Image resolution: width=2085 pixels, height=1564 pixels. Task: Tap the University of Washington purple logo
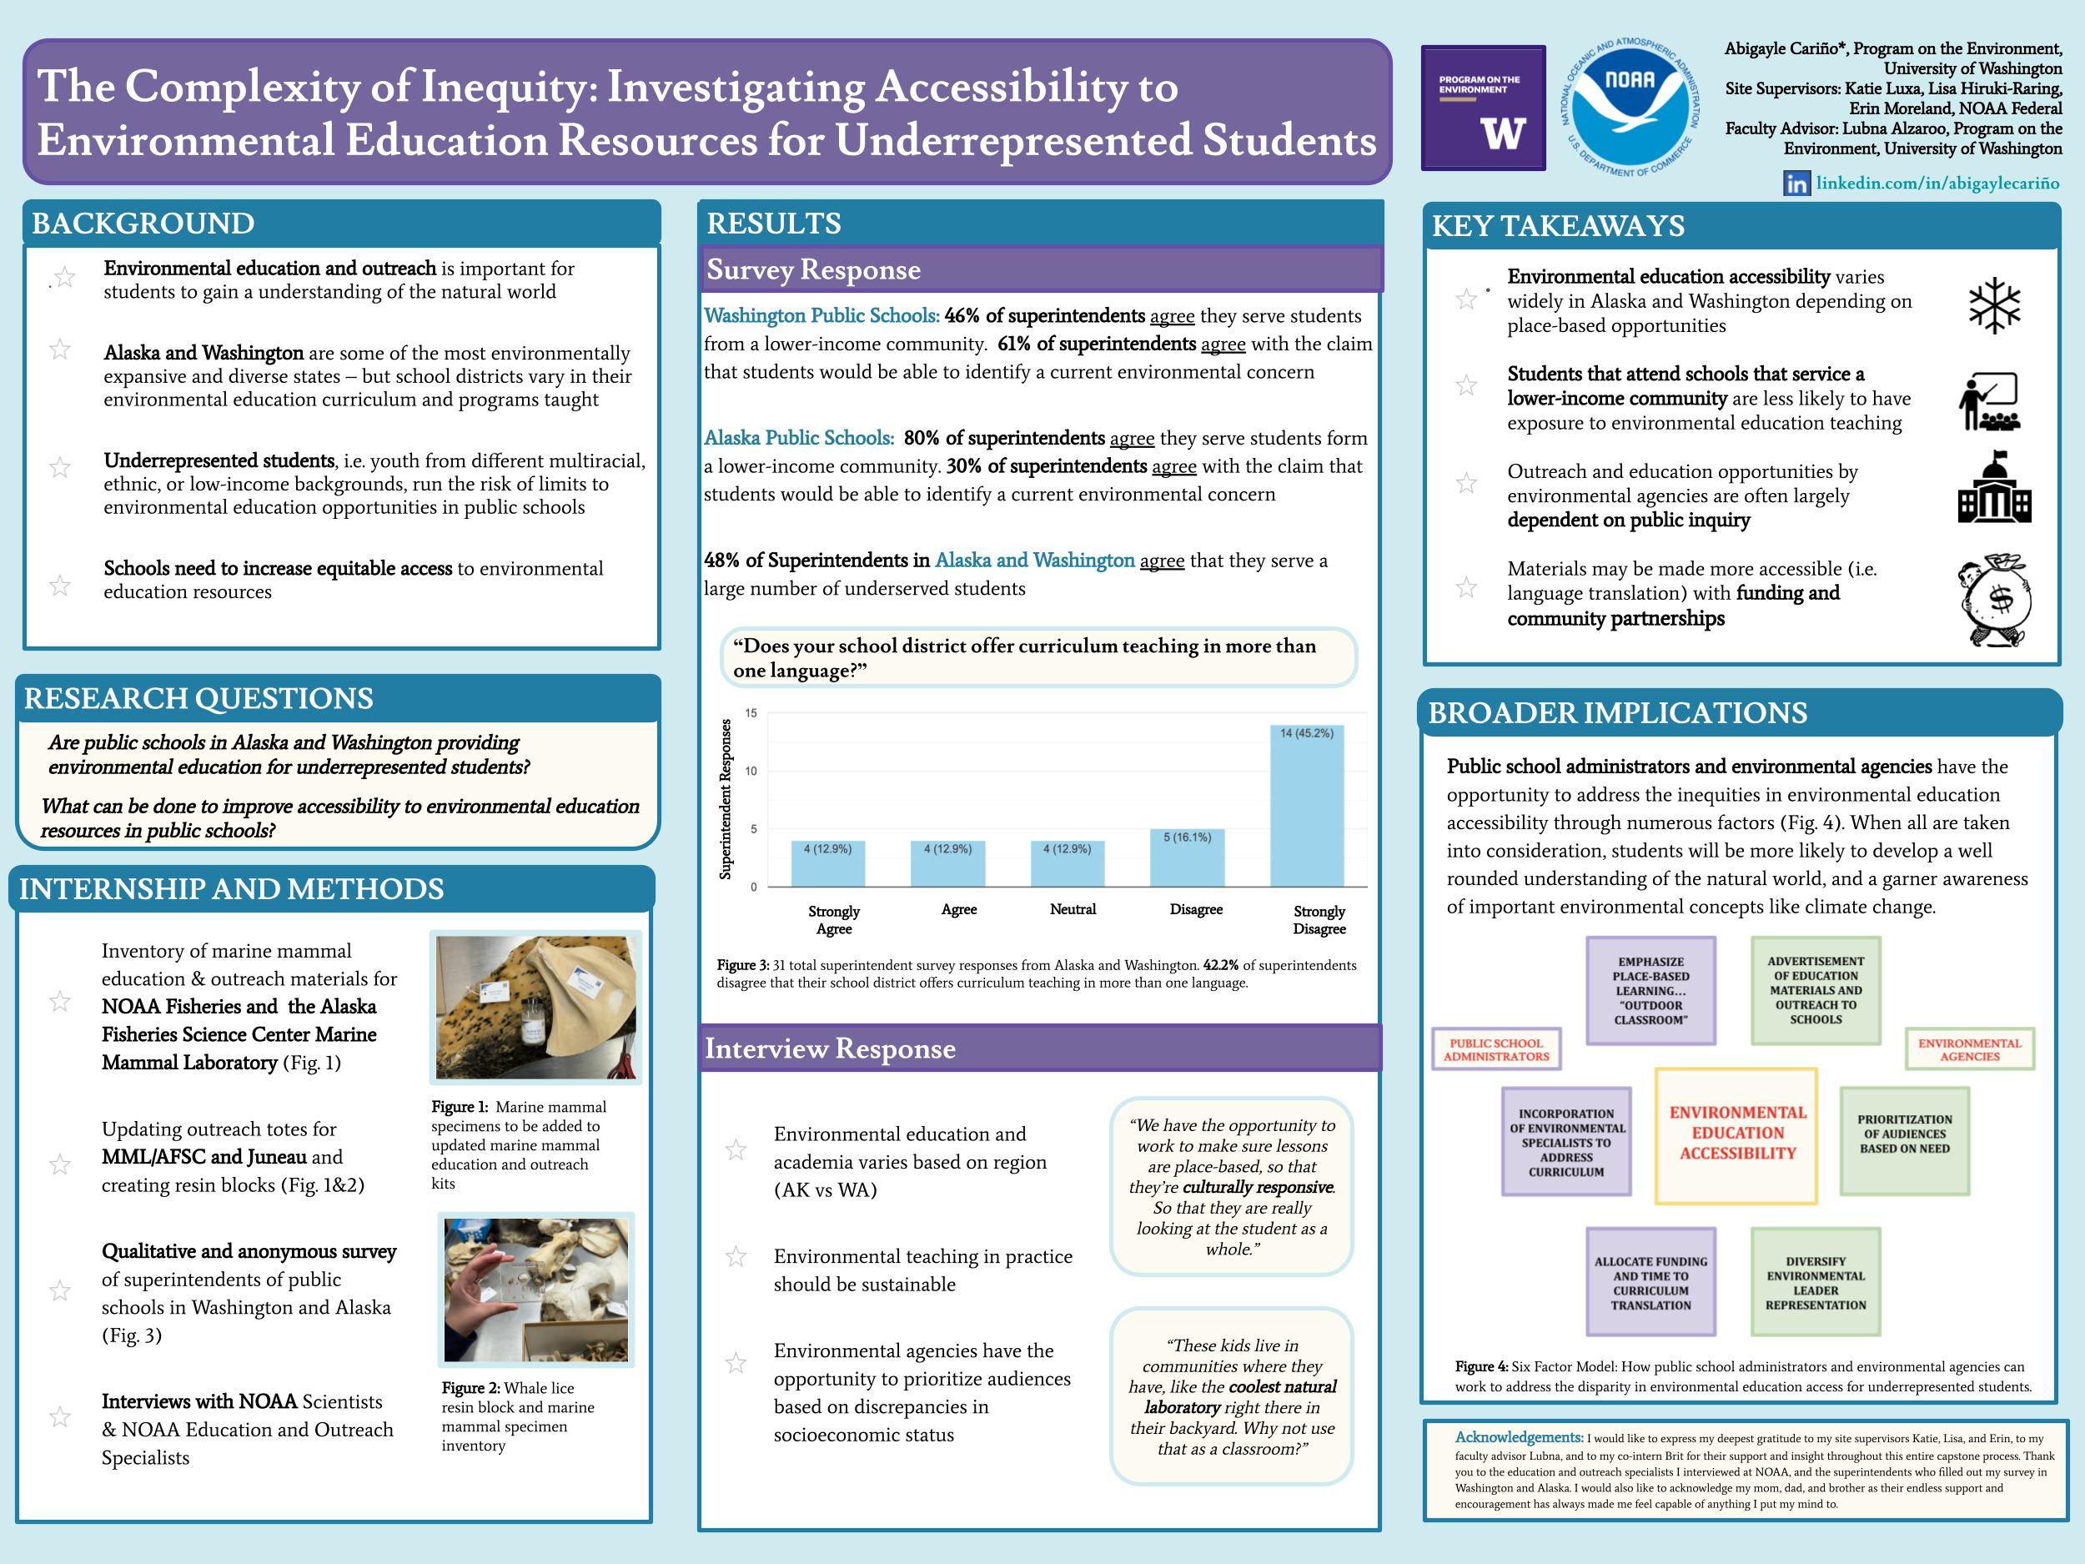pos(1483,108)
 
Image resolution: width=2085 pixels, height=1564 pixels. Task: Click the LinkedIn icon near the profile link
pos(1796,184)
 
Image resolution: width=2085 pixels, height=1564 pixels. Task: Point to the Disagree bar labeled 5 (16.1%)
pos(1187,857)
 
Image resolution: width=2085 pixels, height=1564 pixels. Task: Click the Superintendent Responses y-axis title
pos(725,798)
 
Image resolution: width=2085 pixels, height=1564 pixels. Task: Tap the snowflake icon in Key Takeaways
pos(1995,305)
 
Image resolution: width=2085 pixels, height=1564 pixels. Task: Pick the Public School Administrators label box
pos(1496,1049)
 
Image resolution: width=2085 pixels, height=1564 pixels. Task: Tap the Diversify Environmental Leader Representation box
pos(1816,1282)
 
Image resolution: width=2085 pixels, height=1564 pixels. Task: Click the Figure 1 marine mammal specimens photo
pos(535,1007)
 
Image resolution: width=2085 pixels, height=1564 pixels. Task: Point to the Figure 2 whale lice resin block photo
pos(535,1289)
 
